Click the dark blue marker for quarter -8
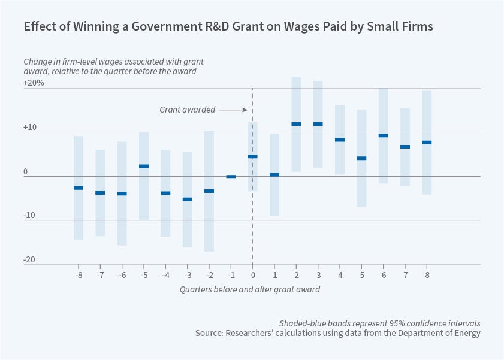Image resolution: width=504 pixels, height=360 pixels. [x=79, y=188]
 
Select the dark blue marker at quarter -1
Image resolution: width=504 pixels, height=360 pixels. [x=231, y=177]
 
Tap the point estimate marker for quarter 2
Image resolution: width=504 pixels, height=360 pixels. [x=296, y=124]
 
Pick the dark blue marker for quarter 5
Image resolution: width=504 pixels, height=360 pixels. [x=361, y=158]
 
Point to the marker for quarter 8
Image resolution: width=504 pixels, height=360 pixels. [x=427, y=143]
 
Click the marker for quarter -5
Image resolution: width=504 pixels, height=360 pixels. [x=144, y=166]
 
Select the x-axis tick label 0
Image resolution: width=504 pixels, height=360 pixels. [x=252, y=275]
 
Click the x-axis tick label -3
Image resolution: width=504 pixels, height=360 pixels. [x=187, y=275]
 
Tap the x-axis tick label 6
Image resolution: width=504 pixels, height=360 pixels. [x=383, y=275]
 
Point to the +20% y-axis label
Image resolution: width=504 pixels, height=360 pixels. [x=34, y=83]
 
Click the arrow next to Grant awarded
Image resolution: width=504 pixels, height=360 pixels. [x=233, y=110]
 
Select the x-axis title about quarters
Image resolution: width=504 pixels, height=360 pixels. [x=250, y=289]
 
